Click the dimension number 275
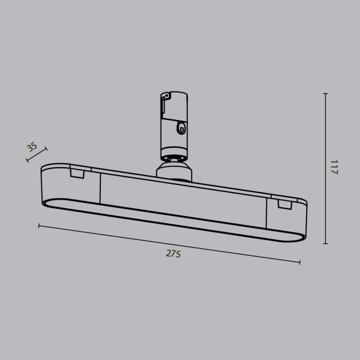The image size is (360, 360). click(x=173, y=253)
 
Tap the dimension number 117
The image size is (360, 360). click(x=334, y=167)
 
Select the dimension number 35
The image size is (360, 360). click(x=32, y=147)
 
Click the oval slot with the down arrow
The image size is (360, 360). click(x=181, y=128)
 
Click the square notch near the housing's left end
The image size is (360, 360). click(x=77, y=173)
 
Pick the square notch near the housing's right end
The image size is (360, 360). click(x=284, y=204)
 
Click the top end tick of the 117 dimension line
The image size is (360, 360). click(x=325, y=94)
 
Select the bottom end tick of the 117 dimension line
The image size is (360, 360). click(x=325, y=243)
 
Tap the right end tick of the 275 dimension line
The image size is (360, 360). click(x=300, y=262)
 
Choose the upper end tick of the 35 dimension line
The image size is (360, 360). click(x=46, y=150)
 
